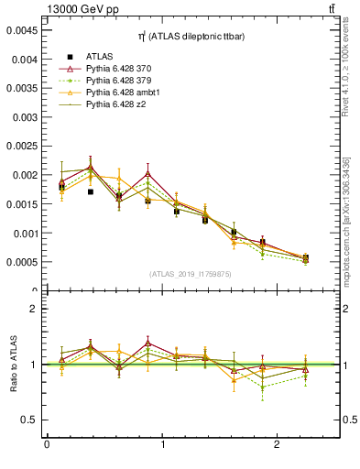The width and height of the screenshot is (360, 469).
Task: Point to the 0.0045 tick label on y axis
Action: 21,29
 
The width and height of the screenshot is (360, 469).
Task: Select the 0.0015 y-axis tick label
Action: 21,203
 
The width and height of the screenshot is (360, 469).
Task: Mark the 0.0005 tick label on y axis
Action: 21,262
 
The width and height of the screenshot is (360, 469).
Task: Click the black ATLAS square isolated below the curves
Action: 91,192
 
